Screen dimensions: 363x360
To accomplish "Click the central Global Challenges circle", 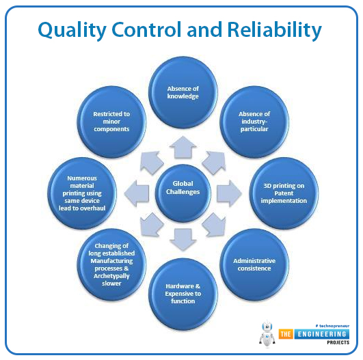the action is pyautogui.click(x=183, y=193).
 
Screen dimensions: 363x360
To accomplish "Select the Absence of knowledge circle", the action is pyautogui.click(x=183, y=92).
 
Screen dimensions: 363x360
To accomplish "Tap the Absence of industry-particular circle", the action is pyautogui.click(x=254, y=122).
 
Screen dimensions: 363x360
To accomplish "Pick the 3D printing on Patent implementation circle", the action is pyautogui.click(x=284, y=193).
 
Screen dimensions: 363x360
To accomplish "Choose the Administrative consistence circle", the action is pyautogui.click(x=254, y=264).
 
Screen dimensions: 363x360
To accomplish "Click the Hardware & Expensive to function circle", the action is pyautogui.click(x=183, y=294).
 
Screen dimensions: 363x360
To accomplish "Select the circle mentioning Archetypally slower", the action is pyautogui.click(x=111, y=264).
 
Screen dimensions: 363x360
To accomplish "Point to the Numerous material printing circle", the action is pyautogui.click(x=82, y=193).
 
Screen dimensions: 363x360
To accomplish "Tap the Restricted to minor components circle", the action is pyautogui.click(x=111, y=122).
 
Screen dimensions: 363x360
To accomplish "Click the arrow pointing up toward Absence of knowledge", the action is pyautogui.click(x=183, y=148).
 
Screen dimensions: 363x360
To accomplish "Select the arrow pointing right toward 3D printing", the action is pyautogui.click(x=229, y=193).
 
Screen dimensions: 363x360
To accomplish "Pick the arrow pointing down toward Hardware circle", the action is pyautogui.click(x=183, y=240).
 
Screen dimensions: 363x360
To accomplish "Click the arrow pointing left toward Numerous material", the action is pyautogui.click(x=137, y=193).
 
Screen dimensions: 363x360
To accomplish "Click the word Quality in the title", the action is pyautogui.click(x=72, y=30).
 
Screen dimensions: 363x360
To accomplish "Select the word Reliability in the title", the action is pyautogui.click(x=275, y=30).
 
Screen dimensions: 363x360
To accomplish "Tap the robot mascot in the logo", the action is pyautogui.click(x=267, y=334).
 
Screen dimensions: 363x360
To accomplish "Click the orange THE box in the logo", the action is pyautogui.click(x=286, y=334).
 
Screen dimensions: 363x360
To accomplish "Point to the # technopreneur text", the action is pyautogui.click(x=332, y=326).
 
